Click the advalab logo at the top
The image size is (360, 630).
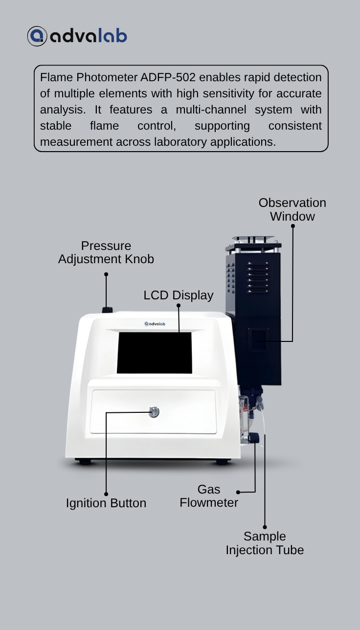pos(77,36)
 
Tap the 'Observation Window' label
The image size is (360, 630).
pos(292,209)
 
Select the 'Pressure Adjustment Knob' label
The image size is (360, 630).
pos(106,252)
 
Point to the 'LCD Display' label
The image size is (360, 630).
pos(178,295)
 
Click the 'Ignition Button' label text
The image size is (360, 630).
pos(106,503)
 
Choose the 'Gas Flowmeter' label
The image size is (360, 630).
pos(209,496)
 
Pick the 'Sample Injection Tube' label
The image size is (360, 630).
pos(265,543)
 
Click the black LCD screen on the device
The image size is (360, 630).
pos(155,353)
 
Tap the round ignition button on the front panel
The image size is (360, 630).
pos(154,412)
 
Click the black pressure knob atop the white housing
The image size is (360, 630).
pos(107,310)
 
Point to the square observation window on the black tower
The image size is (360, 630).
pos(258,340)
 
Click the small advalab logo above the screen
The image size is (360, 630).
pos(155,324)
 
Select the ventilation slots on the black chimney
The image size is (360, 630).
pos(258,278)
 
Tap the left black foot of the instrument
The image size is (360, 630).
pos(84,461)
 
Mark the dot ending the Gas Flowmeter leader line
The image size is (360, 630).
pos(238,492)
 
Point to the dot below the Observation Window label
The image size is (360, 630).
pos(293,226)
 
